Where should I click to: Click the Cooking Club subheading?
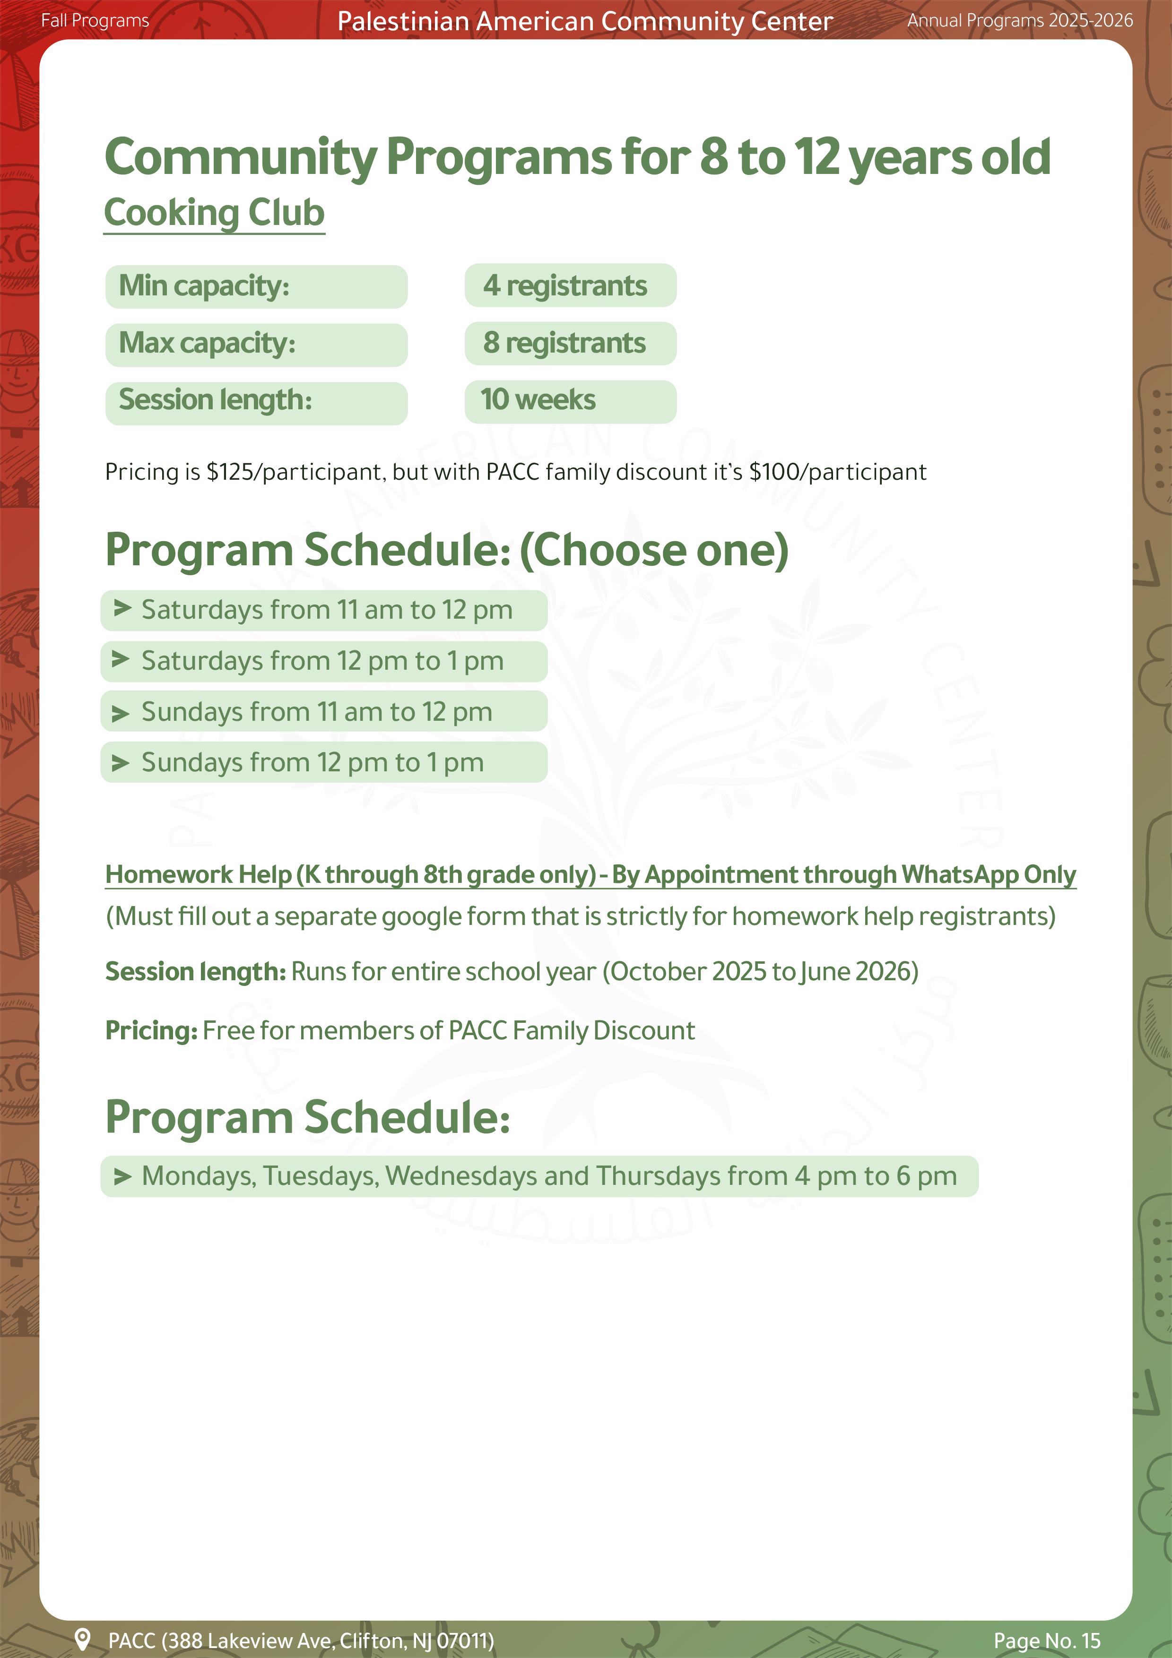click(215, 213)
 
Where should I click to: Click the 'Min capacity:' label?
click(256, 287)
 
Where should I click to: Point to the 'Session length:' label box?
click(256, 401)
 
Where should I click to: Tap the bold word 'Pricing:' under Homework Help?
click(151, 1030)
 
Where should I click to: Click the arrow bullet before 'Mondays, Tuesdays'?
click(122, 1176)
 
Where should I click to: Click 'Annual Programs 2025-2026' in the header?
click(1020, 20)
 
